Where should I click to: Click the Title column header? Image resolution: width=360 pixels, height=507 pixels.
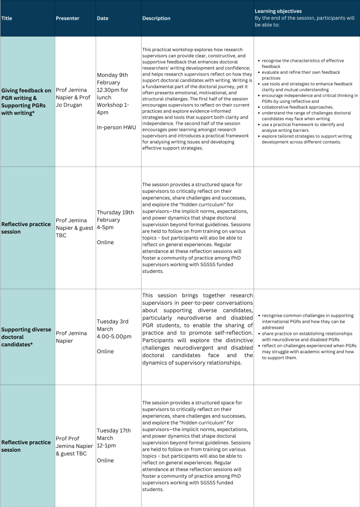point(7,18)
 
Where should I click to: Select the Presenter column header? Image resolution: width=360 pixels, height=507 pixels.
point(67,18)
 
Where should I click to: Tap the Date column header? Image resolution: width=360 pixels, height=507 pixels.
point(102,18)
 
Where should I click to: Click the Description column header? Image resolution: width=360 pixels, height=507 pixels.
point(156,18)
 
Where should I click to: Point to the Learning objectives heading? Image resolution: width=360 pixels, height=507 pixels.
point(278,11)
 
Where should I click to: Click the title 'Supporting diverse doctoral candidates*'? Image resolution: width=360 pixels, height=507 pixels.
point(26,337)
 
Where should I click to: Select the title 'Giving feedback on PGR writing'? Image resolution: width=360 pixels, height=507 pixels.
point(26,94)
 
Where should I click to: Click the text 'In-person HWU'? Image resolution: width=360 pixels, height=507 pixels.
point(116,128)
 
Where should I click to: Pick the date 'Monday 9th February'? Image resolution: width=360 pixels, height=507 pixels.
point(112,78)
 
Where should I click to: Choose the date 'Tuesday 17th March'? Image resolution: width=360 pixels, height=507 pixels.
point(113,434)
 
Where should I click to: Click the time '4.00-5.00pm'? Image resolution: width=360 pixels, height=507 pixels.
point(114,336)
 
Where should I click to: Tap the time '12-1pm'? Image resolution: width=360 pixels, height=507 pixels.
point(106,446)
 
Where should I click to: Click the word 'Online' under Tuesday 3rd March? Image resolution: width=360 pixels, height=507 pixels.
point(105,351)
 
